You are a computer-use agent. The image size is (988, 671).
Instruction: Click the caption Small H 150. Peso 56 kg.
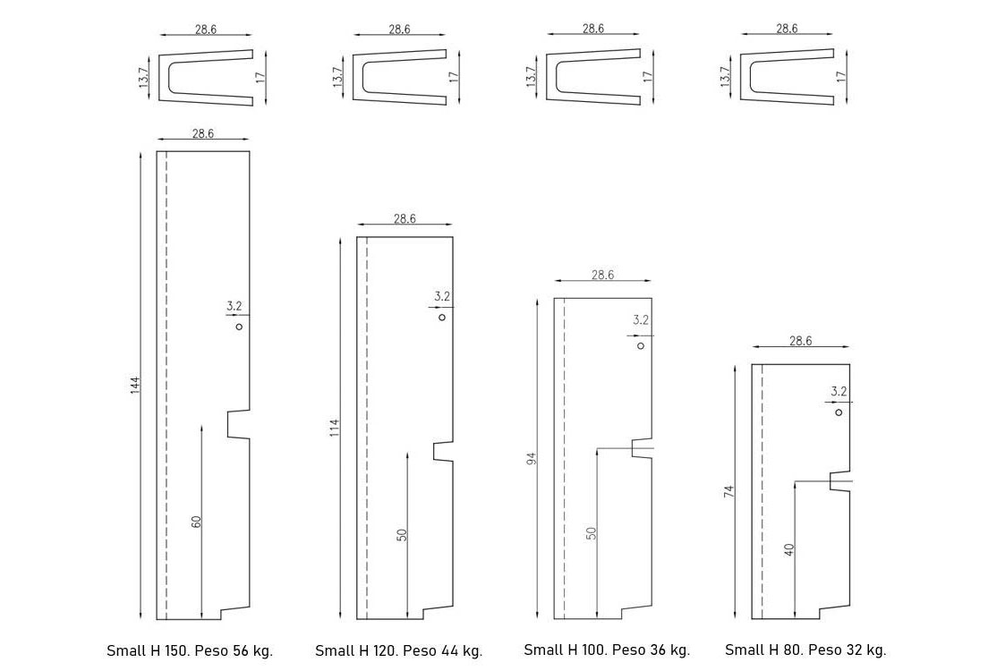[190, 650]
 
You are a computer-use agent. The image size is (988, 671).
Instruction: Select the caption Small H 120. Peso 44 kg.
[398, 650]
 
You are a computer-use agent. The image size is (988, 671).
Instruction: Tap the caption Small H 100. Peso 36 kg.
[607, 650]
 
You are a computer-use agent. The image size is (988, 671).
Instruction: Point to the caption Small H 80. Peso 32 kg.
[805, 650]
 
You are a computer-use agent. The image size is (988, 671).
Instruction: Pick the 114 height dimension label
[335, 429]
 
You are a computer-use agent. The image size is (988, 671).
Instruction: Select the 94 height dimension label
[531, 459]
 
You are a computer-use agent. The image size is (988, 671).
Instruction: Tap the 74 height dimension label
[729, 492]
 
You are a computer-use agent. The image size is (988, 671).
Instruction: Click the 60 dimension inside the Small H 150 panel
[196, 521]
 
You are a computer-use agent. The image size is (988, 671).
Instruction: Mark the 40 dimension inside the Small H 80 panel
[789, 549]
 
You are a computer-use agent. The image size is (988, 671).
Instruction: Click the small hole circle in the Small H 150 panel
[239, 327]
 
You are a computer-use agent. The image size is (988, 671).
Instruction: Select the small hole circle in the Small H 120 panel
[442, 317]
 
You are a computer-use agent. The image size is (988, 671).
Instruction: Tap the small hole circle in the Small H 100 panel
[640, 345]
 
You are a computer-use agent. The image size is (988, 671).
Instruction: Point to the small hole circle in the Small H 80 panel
[839, 412]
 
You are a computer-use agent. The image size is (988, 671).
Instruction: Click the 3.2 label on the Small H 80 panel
[839, 391]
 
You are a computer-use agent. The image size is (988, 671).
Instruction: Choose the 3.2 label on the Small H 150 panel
[234, 306]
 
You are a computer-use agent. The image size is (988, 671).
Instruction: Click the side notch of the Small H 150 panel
[237, 424]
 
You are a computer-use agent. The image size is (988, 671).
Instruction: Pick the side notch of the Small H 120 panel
[442, 452]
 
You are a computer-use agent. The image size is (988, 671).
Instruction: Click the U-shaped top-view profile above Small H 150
[205, 78]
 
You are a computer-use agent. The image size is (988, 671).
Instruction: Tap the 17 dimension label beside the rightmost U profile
[840, 77]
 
